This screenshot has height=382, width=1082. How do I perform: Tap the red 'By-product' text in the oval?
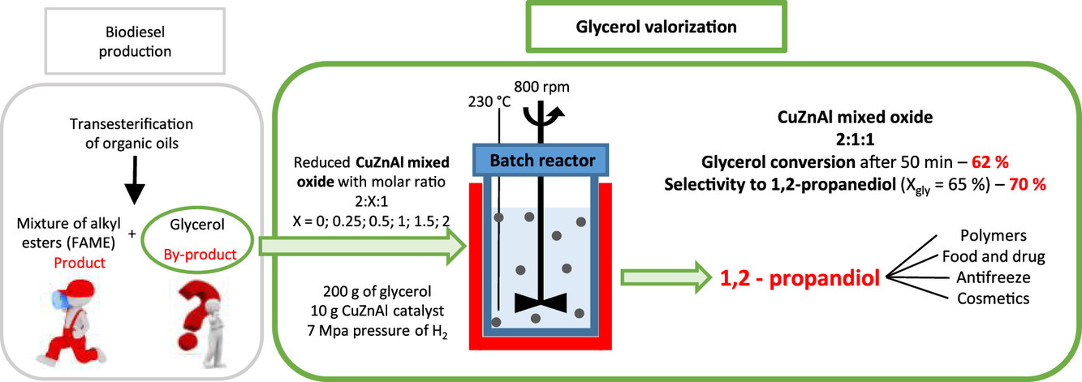pos(200,254)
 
